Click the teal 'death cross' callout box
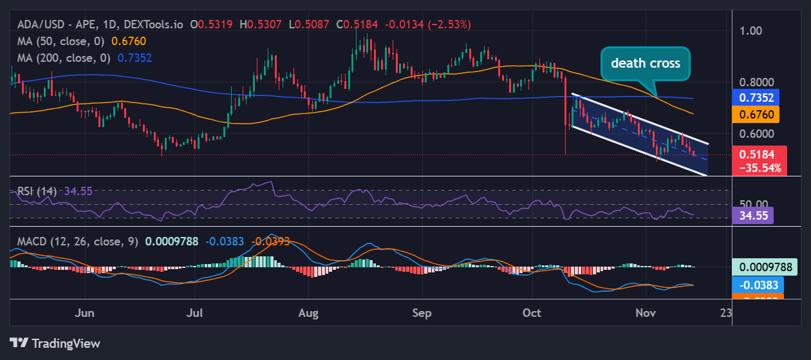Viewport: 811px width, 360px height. click(x=645, y=64)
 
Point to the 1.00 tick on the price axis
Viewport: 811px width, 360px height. click(x=750, y=31)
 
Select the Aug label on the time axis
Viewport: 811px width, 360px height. click(x=309, y=313)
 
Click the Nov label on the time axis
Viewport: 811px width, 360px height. click(x=646, y=313)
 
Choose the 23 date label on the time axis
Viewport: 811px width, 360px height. click(x=726, y=313)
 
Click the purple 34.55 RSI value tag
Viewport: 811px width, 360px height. click(x=753, y=216)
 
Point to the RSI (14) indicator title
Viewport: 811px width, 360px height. click(x=36, y=191)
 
